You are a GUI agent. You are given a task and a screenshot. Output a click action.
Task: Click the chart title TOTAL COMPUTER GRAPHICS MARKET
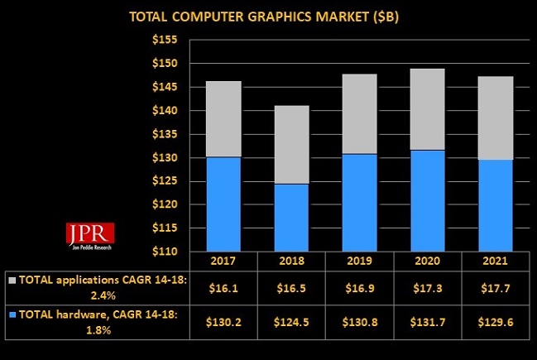pyautogui.click(x=266, y=17)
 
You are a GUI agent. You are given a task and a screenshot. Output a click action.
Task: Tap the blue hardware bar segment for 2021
pyautogui.click(x=490, y=205)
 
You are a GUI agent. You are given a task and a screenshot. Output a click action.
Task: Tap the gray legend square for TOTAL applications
pyautogui.click(x=12, y=279)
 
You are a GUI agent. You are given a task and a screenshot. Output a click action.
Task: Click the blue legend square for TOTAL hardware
pyautogui.click(x=12, y=314)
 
